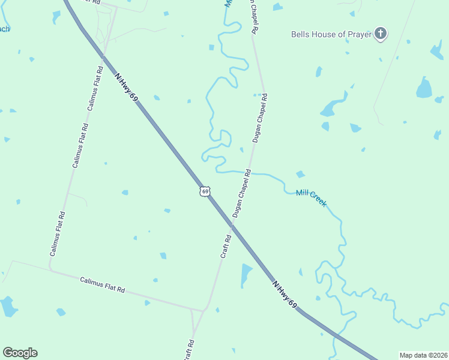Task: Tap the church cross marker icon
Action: (x=380, y=34)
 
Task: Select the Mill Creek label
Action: (x=312, y=198)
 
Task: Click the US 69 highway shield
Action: (x=205, y=191)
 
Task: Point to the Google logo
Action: (x=20, y=353)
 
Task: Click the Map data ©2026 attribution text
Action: (x=423, y=355)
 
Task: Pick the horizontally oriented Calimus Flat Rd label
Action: (x=103, y=284)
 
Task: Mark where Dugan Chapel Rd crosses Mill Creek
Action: (x=250, y=172)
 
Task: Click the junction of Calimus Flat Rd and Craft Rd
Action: (x=203, y=310)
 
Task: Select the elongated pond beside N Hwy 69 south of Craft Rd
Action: (x=246, y=275)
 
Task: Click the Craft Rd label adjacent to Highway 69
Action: (x=226, y=247)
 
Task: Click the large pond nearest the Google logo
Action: (x=8, y=307)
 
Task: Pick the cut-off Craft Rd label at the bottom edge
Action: (x=189, y=350)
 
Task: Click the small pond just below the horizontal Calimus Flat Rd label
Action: (x=147, y=302)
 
